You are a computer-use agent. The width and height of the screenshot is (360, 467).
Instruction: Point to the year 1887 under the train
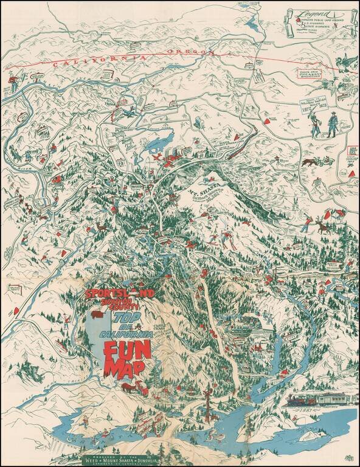[x=302, y=412]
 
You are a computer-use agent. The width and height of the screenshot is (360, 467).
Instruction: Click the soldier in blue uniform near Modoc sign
[x=333, y=126]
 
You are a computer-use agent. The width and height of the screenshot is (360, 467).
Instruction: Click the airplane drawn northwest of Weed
[x=159, y=157]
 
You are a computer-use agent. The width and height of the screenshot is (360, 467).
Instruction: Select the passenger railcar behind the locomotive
[x=337, y=397]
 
